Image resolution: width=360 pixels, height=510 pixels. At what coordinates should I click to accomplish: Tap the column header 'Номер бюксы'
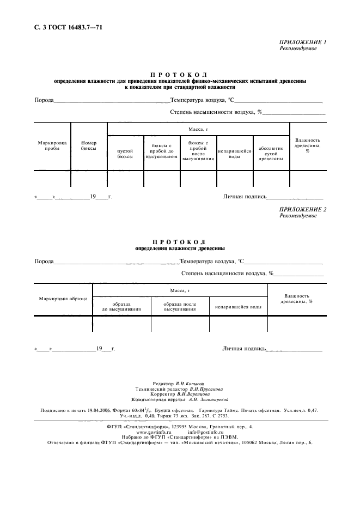pyautogui.click(x=89, y=145)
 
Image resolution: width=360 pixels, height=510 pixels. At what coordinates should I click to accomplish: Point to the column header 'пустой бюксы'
pyautogui.click(x=125, y=153)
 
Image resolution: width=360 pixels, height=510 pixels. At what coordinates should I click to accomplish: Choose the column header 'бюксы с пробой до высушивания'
pyautogui.click(x=162, y=151)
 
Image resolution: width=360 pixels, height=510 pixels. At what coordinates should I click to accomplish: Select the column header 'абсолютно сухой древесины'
pyautogui.click(x=271, y=153)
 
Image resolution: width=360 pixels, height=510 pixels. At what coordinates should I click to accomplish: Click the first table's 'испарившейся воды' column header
pyautogui.click(x=235, y=153)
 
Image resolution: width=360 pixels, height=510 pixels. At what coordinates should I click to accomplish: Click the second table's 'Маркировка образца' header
pyautogui.click(x=63, y=299)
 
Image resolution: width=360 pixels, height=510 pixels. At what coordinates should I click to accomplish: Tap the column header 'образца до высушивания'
pyautogui.click(x=121, y=306)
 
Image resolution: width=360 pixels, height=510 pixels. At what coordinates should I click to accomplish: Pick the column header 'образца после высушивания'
pyautogui.click(x=180, y=306)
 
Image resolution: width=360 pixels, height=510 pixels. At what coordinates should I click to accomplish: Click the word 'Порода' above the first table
pyautogui.click(x=44, y=100)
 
